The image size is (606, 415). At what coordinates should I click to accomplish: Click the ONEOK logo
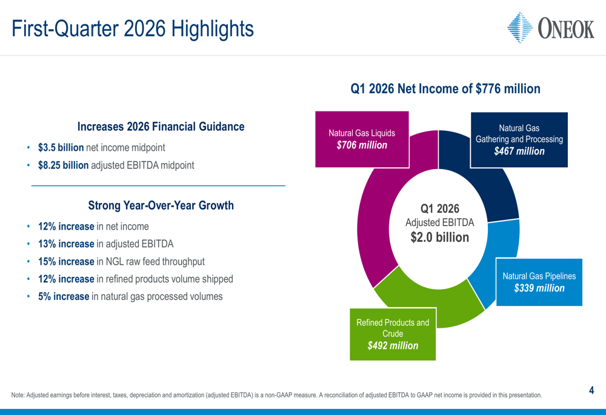tap(550, 27)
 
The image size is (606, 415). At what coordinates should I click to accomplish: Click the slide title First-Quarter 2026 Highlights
tap(133, 28)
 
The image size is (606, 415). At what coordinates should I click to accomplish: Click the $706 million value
tap(362, 145)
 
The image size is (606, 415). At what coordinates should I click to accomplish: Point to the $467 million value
tap(519, 151)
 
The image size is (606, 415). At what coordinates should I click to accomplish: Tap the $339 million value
tap(539, 288)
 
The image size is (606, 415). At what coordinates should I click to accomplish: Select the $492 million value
tap(393, 346)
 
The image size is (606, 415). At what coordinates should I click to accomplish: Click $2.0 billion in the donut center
tap(439, 237)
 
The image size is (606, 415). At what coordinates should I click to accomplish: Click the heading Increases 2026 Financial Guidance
tap(161, 127)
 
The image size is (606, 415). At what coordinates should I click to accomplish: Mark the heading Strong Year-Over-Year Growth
tap(161, 205)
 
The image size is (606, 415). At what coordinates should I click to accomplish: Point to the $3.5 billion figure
tap(61, 147)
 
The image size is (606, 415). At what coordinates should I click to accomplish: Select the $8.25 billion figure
tap(63, 165)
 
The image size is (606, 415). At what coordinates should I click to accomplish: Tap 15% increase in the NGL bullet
tap(66, 262)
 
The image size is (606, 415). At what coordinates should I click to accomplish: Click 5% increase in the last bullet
tap(64, 297)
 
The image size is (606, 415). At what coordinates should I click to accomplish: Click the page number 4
tap(591, 391)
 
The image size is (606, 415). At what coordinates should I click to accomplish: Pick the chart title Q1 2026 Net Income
tap(445, 89)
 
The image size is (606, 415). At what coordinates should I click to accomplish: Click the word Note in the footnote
tap(18, 396)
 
